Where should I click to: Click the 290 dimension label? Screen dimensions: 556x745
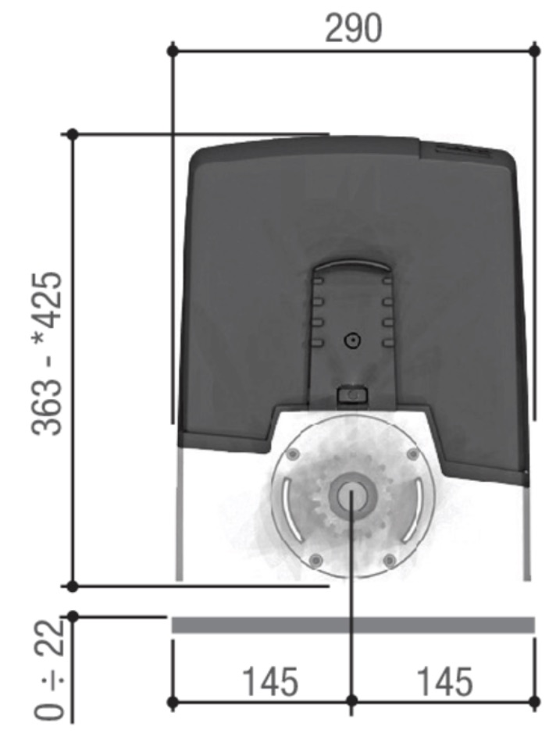tap(353, 29)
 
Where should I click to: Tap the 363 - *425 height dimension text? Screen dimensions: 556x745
tap(47, 354)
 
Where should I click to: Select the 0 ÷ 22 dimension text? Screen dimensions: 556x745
tap(49, 669)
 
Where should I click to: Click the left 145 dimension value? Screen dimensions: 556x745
tap(270, 681)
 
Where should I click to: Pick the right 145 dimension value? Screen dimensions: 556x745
tap(445, 681)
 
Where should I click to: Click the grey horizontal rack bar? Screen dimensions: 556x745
tap(353, 626)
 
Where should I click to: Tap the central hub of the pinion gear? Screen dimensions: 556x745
tap(352, 497)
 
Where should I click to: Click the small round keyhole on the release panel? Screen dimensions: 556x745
tap(352, 340)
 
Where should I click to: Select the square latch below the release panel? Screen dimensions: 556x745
tap(352, 395)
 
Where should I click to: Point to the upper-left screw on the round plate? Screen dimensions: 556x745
tap(294, 454)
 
